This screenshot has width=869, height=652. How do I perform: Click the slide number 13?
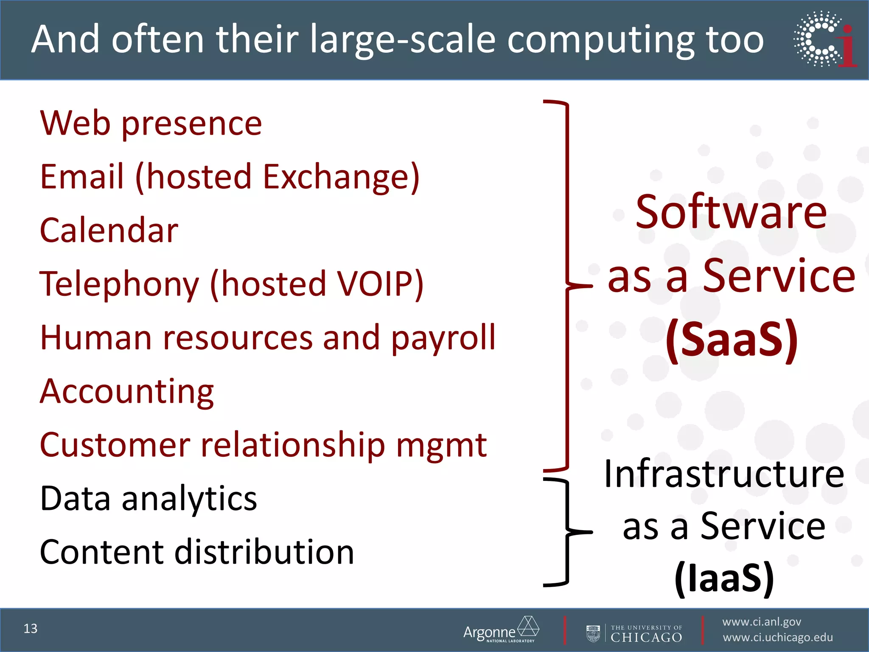coord(31,628)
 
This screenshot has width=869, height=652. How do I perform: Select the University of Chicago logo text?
coord(646,634)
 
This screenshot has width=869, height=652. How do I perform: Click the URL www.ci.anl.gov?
coord(761,622)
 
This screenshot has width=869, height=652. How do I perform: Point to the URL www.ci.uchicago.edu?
coord(777,638)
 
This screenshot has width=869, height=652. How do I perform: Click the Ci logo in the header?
coord(825,39)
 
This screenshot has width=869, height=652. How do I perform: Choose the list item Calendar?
coord(109,230)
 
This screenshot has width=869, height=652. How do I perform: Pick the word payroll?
coord(443,338)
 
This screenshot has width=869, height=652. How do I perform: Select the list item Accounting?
coord(127,391)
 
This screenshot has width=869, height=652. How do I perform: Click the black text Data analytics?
coord(149,498)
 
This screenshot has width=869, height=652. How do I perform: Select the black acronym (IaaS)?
coord(724,577)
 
